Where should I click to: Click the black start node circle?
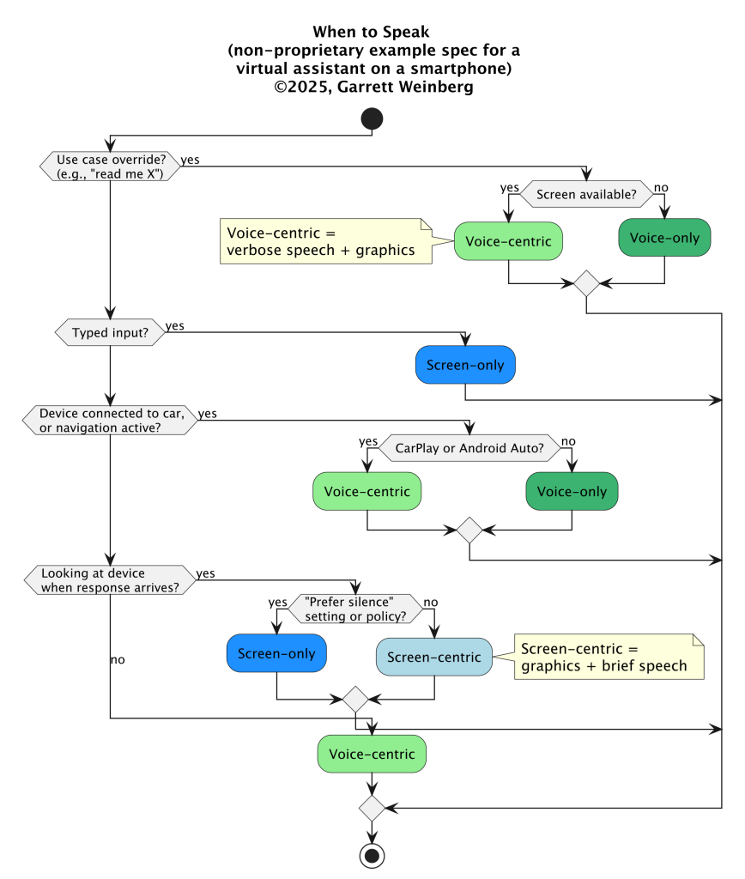[x=372, y=118]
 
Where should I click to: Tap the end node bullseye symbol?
[x=372, y=856]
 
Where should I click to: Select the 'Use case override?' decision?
[x=111, y=167]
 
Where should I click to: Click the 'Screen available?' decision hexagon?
[x=586, y=195]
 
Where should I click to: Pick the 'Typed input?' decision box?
[x=111, y=332]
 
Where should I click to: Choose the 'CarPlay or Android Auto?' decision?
[x=469, y=448]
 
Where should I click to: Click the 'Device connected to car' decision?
[x=111, y=421]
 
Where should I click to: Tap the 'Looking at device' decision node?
[x=111, y=580]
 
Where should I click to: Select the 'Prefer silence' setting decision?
[x=355, y=609]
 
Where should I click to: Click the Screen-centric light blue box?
[x=434, y=657]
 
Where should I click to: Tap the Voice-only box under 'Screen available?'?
[x=665, y=238]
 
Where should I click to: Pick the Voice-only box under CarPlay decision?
[x=572, y=492]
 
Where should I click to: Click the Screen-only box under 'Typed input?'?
[x=465, y=365]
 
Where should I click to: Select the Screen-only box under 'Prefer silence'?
[x=276, y=653]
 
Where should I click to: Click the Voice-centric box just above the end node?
[x=372, y=754]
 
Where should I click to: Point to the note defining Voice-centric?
[x=326, y=241]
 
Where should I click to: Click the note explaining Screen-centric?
[x=609, y=657]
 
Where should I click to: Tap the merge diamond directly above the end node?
[x=372, y=809]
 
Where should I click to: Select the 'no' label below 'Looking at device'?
[x=118, y=660]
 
